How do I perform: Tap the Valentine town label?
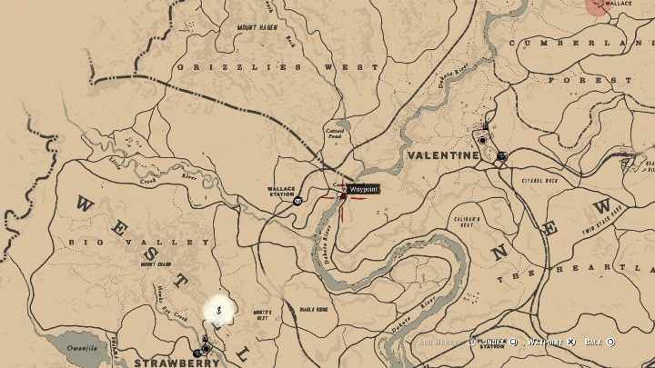click(443, 155)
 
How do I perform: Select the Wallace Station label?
click(282, 191)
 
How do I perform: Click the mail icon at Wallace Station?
click(297, 202)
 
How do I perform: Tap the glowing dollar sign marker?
click(219, 311)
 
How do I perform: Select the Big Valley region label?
click(140, 243)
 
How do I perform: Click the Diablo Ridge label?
click(314, 309)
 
